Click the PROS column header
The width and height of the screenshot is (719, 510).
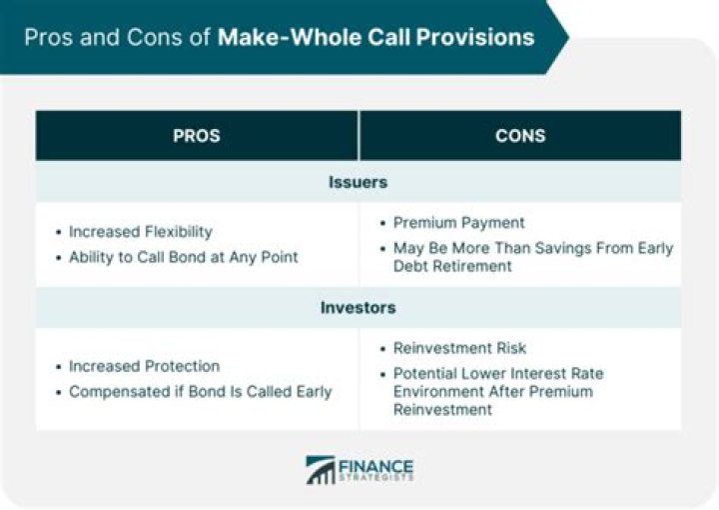[x=197, y=135]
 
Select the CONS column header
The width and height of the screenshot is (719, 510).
[x=519, y=135]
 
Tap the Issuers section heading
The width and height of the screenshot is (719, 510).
[x=359, y=183]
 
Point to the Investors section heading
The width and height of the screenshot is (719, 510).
[x=359, y=307]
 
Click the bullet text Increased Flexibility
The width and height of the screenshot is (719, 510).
[x=140, y=231]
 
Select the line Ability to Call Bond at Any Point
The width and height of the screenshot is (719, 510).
[x=183, y=257]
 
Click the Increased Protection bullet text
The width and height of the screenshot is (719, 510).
[x=144, y=365]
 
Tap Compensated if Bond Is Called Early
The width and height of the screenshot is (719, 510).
[x=200, y=391]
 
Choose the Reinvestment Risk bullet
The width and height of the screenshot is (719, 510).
[x=459, y=348]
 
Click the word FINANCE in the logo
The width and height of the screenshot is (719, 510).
[x=377, y=463]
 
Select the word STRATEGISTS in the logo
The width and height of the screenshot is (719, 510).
[x=377, y=478]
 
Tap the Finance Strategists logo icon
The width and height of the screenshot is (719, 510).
[x=321, y=470]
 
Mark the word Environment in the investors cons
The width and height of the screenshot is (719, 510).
[x=436, y=391]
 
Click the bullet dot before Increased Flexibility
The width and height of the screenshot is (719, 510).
[x=58, y=232]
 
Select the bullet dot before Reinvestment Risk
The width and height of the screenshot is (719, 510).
[x=382, y=349]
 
